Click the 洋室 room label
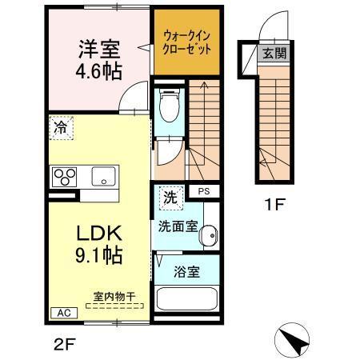click(x=98, y=49)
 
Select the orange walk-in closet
click(x=186, y=41)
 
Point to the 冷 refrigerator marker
click(x=60, y=126)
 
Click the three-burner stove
click(x=65, y=175)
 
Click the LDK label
click(x=98, y=234)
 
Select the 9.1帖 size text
click(x=98, y=256)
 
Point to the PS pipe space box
click(x=205, y=191)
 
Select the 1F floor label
click(x=274, y=204)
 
